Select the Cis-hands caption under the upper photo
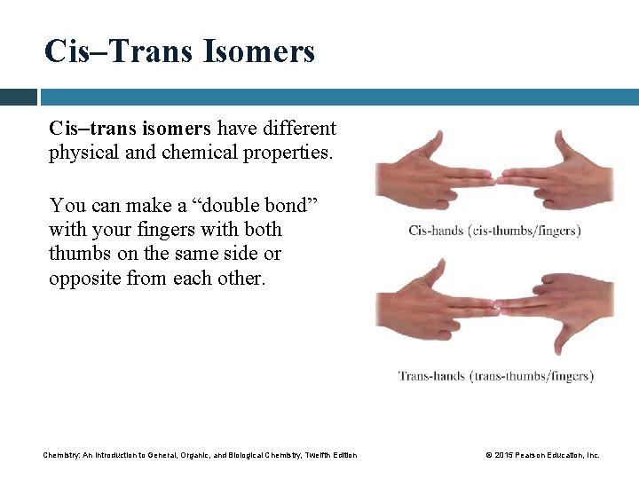(x=494, y=231)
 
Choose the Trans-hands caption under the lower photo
(x=495, y=376)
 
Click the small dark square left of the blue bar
(x=18, y=96)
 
